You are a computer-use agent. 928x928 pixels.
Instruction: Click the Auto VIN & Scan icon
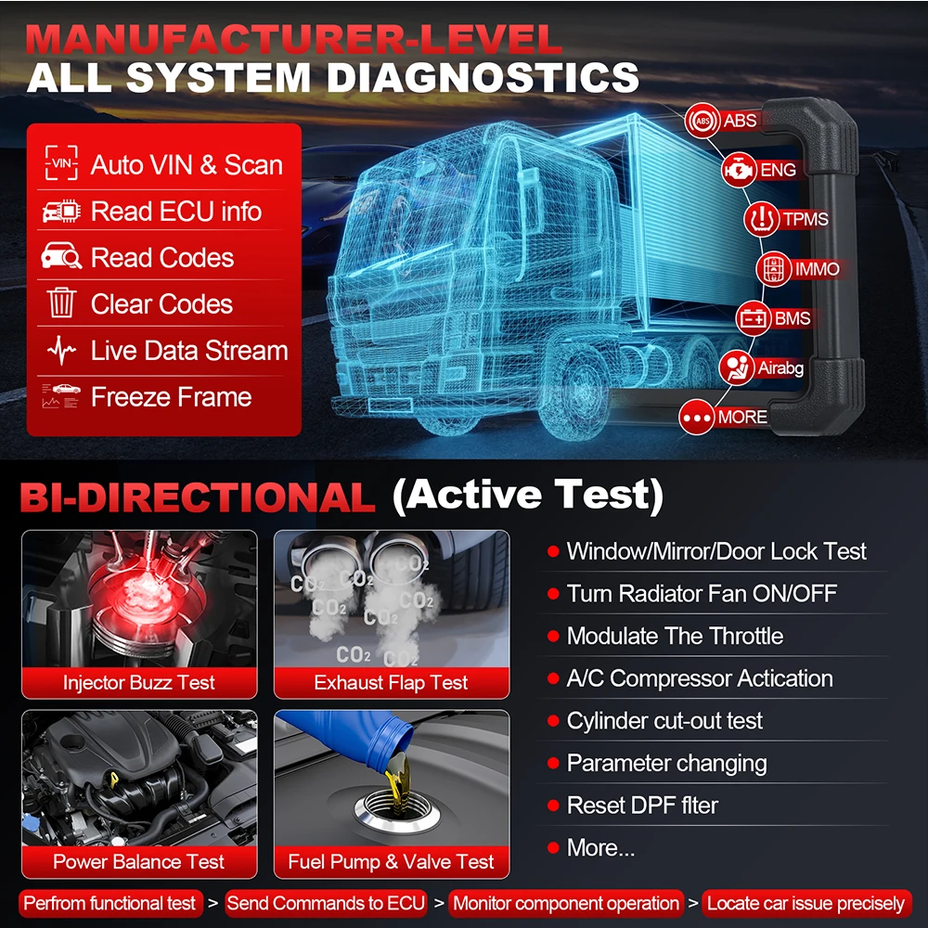tap(61, 165)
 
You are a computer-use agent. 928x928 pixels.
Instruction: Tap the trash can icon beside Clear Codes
tap(61, 303)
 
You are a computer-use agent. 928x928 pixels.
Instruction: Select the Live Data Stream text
tap(189, 351)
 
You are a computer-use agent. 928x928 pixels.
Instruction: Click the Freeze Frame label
tap(171, 397)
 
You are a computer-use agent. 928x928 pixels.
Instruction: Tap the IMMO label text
tap(817, 269)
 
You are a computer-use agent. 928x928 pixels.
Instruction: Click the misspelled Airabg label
tap(780, 368)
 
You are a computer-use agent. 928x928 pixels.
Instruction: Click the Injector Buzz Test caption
tap(139, 683)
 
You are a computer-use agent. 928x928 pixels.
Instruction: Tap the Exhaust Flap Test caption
tap(391, 683)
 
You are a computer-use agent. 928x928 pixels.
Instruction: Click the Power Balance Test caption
tap(139, 861)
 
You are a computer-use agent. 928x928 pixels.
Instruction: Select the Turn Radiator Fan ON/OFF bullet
tap(701, 593)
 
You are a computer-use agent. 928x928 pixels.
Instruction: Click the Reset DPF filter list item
tap(642, 806)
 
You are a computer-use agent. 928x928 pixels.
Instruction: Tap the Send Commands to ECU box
tap(326, 903)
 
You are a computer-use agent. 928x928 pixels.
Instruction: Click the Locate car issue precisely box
tap(806, 903)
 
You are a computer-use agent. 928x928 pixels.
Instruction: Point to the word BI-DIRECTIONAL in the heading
tap(198, 498)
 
